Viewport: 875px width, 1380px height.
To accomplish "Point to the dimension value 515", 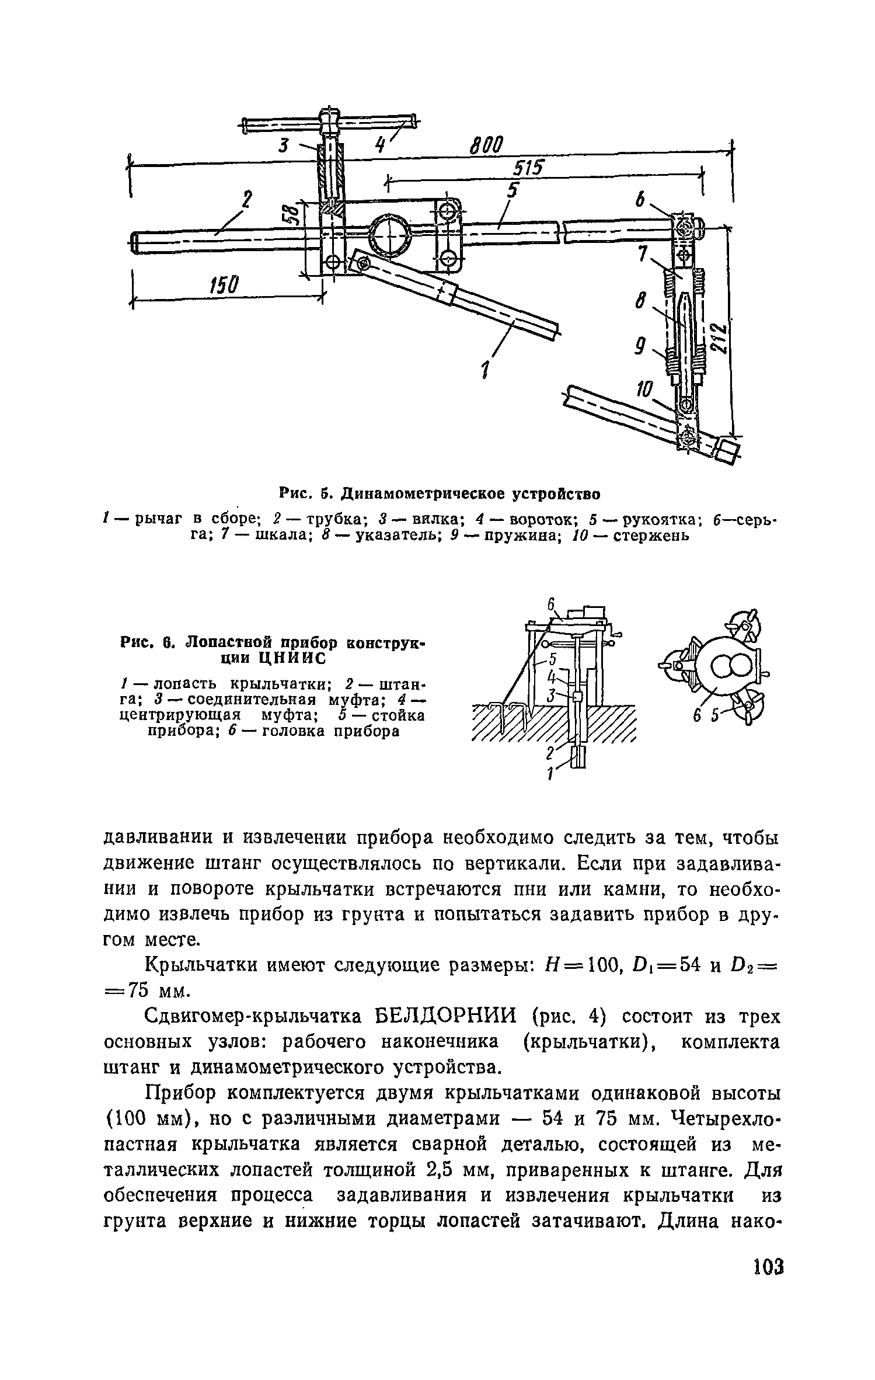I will tap(528, 169).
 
